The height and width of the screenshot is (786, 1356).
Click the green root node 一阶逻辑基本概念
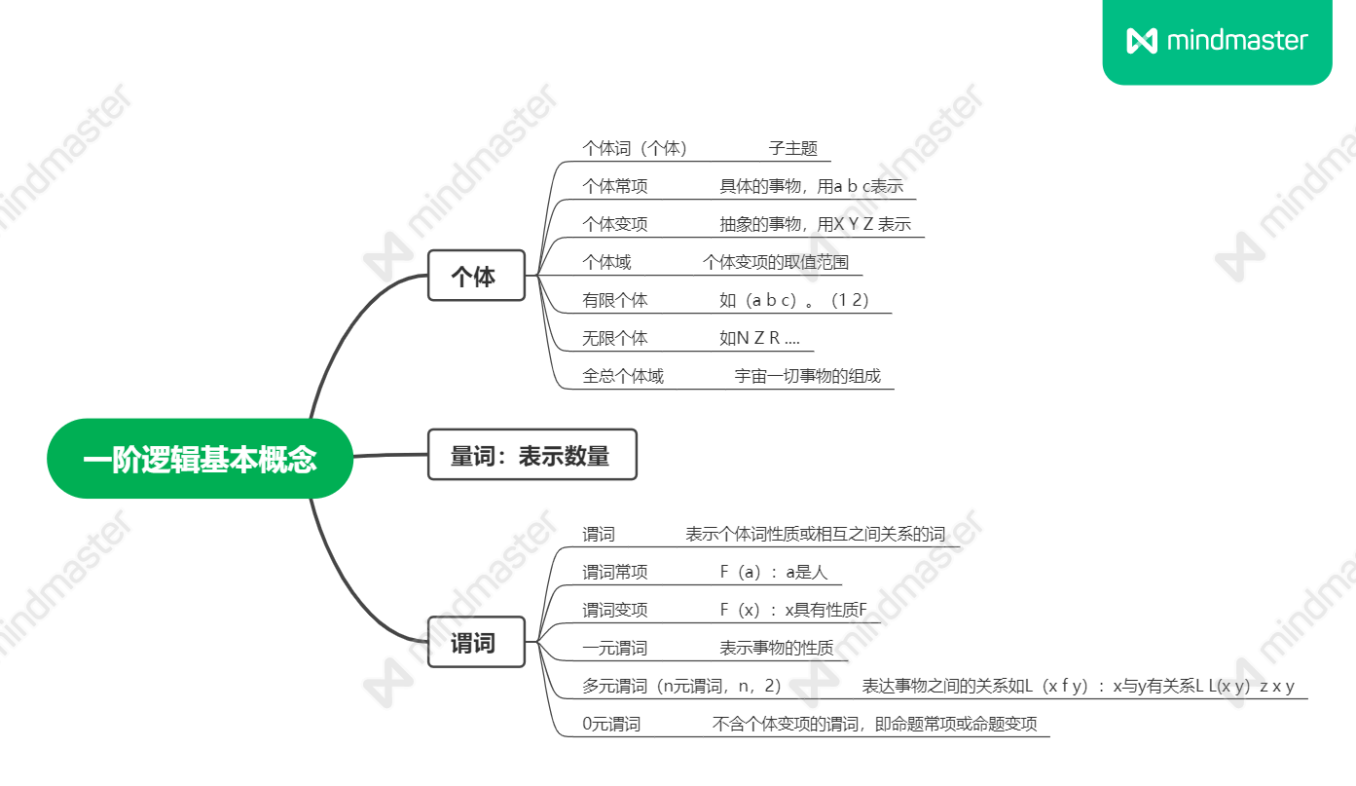pos(200,459)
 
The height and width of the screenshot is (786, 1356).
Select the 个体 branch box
pos(476,276)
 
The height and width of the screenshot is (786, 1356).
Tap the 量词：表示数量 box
pos(531,455)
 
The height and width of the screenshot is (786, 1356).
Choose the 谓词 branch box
pos(476,642)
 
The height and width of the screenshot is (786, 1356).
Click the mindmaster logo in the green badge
pos(1217,41)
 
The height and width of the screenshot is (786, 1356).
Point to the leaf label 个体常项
pos(614,186)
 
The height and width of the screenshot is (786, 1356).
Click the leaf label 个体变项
pos(614,224)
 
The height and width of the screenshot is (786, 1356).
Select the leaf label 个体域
pos(606,262)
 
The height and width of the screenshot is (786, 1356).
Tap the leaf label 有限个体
pos(614,300)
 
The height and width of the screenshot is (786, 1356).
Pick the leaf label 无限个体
pos(614,338)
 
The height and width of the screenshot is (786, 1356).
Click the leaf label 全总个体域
pos(623,376)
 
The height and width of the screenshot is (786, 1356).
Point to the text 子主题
pos(792,148)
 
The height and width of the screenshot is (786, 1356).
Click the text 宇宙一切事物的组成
pos(807,376)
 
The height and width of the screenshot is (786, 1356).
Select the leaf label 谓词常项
pos(614,572)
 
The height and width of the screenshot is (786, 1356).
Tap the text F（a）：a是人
pos(773,572)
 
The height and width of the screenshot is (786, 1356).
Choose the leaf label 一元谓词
pos(614,648)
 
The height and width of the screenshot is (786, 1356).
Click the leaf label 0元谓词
pos(611,724)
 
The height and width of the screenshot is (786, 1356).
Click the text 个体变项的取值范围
pos(776,262)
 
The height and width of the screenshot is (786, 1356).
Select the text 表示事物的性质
pos(776,648)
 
